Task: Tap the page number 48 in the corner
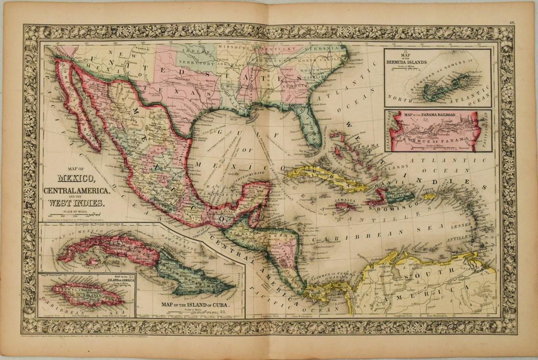pyautogui.click(x=512, y=22)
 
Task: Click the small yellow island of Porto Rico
pyautogui.click(x=429, y=196)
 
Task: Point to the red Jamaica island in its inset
pyautogui.click(x=85, y=294)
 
